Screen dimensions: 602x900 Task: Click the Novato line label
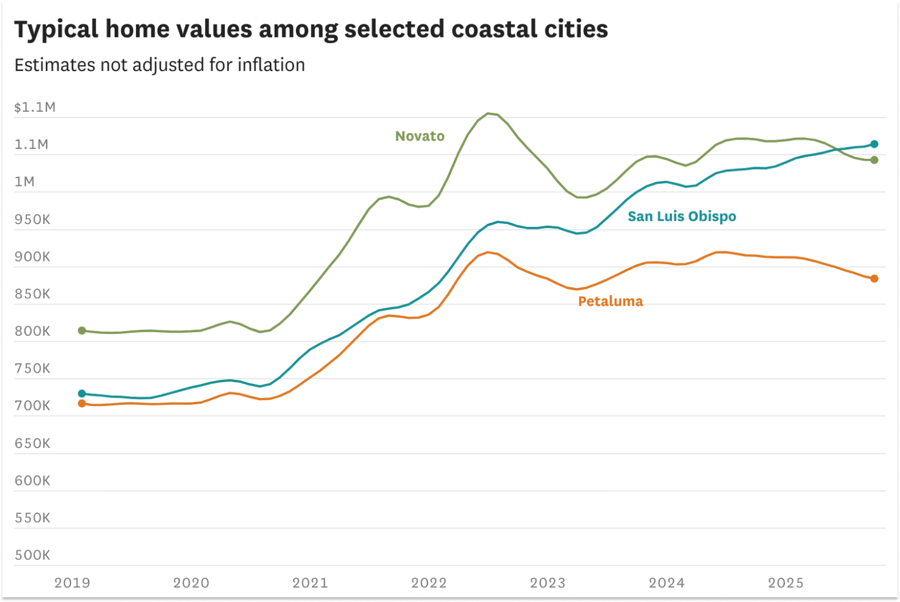420,136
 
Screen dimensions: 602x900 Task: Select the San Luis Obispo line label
682,216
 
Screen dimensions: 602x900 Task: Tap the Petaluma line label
611,301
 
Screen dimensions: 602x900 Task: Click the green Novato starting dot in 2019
82,331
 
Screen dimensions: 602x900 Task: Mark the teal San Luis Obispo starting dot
82,394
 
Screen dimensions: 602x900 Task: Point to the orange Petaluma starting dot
82,404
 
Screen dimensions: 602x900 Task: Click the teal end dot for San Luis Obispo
874,144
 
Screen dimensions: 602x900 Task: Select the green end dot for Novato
874,160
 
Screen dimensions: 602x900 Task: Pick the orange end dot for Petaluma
874,279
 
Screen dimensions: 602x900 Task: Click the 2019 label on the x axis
72,583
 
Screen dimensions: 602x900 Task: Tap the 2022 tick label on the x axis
429,583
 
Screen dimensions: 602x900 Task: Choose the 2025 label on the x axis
786,583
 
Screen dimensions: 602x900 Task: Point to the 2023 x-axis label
548,583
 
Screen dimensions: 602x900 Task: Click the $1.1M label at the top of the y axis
35,107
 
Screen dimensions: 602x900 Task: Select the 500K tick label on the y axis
33,555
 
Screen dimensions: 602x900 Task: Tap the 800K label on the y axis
33,331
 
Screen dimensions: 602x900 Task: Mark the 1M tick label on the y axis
24,182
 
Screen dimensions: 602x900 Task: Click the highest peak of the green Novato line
488,113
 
